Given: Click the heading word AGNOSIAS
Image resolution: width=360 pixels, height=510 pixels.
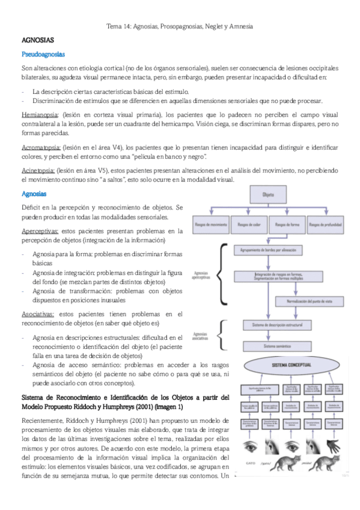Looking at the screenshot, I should pos(38,40).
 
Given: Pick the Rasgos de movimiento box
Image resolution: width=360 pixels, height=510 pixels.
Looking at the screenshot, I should pos(211,226).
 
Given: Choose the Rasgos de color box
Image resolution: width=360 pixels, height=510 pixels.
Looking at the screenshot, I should pos(249,226).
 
